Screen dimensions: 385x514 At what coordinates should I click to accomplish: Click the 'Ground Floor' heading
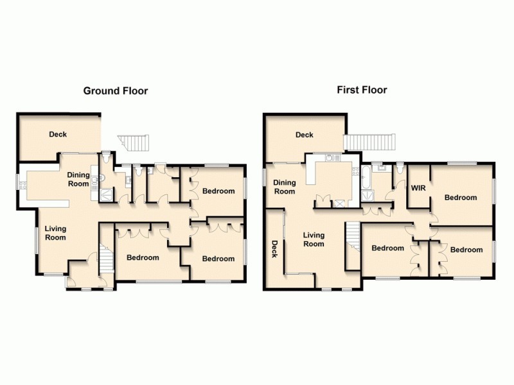pyautogui.click(x=116, y=90)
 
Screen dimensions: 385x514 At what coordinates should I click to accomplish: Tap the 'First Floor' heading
pyautogui.click(x=362, y=90)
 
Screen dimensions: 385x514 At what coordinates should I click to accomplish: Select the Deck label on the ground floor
pyautogui.click(x=58, y=134)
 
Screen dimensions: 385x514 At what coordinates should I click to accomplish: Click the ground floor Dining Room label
pyautogui.click(x=78, y=179)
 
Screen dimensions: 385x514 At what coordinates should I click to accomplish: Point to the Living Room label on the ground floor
pyautogui.click(x=55, y=232)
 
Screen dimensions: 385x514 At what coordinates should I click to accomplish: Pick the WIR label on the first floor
pyautogui.click(x=418, y=187)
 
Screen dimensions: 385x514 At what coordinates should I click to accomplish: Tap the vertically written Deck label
pyautogui.click(x=274, y=248)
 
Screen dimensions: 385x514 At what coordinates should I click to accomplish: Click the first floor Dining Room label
pyautogui.click(x=285, y=187)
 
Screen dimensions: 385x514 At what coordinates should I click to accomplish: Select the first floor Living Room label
pyautogui.click(x=314, y=239)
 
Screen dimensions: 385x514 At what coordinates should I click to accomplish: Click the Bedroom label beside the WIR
pyautogui.click(x=461, y=198)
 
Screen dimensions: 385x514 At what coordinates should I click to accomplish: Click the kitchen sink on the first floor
pyautogui.click(x=331, y=157)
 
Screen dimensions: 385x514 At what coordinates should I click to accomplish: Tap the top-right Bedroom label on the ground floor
pyautogui.click(x=218, y=191)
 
